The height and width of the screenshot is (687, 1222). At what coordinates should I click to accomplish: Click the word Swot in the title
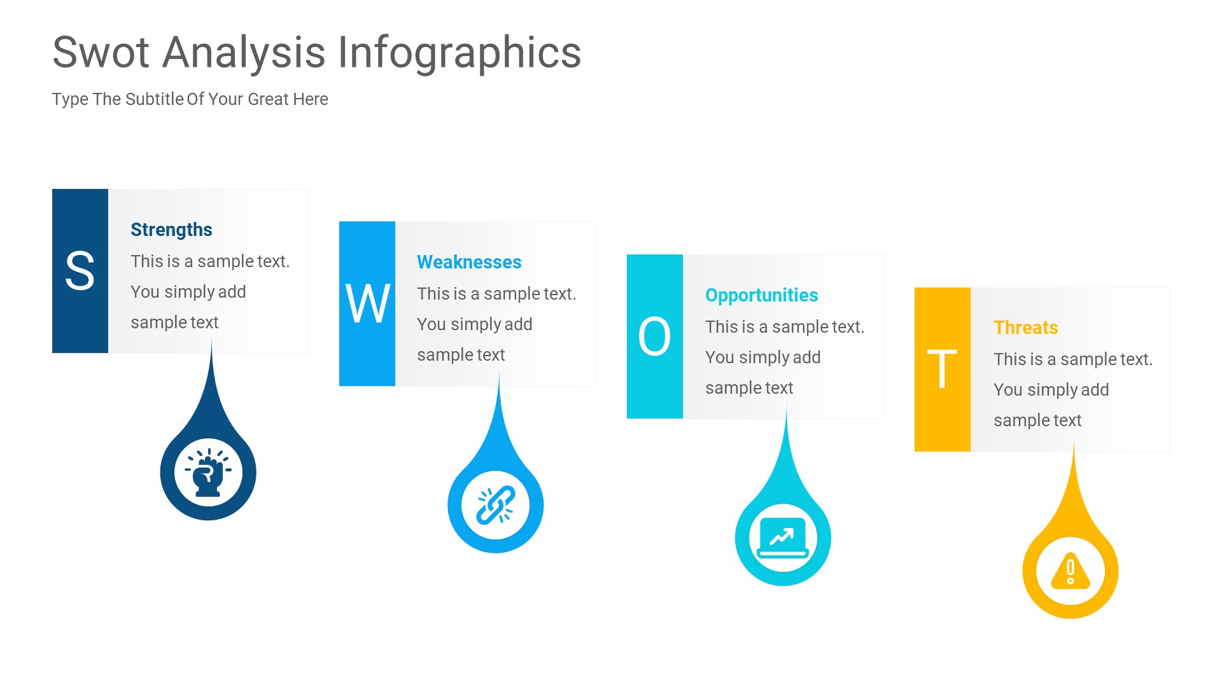[x=101, y=52]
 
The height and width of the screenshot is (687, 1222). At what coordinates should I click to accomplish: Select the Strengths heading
[x=171, y=230]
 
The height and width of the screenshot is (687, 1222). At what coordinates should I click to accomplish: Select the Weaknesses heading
[x=469, y=262]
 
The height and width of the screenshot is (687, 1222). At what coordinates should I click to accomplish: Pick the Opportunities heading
[x=761, y=295]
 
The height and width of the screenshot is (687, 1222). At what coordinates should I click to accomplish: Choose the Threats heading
[x=1025, y=328]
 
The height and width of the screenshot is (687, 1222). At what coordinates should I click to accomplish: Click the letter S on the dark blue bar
[x=80, y=271]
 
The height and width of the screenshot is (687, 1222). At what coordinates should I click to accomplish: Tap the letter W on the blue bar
[x=367, y=304]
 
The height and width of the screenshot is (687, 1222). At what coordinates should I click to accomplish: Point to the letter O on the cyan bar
[x=654, y=337]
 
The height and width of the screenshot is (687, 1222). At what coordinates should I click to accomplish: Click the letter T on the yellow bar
[x=942, y=370]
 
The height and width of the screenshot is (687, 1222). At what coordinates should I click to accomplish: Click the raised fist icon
[x=208, y=473]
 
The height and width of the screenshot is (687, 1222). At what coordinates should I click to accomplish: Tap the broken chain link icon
[x=496, y=505]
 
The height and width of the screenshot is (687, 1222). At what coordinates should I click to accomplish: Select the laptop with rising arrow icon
[x=783, y=538]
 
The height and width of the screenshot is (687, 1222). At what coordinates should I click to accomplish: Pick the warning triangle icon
[x=1071, y=571]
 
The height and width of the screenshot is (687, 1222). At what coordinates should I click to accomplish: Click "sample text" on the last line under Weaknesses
[x=461, y=355]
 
